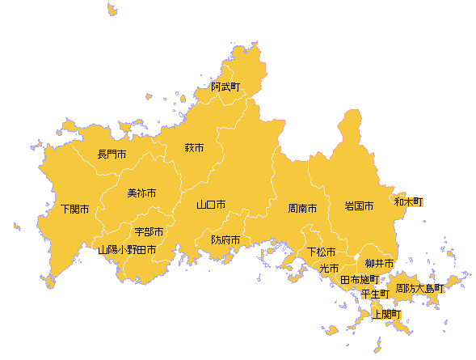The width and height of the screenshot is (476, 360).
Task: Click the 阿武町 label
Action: point(225,87)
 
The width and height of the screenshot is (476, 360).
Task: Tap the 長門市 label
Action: point(112,154)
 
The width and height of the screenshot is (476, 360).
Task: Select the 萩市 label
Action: point(194,148)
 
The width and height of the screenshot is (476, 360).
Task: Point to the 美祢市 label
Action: point(141,193)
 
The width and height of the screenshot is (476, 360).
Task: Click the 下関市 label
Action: point(75,210)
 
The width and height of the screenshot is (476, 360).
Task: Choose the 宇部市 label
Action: point(150,232)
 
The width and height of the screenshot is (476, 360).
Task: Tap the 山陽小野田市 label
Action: point(127,251)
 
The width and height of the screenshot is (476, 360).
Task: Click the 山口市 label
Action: point(211,205)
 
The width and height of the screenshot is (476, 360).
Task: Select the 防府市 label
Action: point(225,240)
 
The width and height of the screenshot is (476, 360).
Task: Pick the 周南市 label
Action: point(302,208)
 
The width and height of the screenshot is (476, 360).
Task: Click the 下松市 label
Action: point(321,252)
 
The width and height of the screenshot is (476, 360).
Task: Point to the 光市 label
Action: point(329,268)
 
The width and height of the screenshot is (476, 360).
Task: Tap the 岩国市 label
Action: point(359,206)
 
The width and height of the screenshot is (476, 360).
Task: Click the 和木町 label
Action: point(408,201)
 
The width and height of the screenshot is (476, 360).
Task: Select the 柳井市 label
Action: point(379,264)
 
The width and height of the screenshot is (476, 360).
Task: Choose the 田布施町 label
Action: point(359,280)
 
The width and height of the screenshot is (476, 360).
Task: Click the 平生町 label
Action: point(375,293)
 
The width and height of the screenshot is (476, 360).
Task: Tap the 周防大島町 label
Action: point(419,287)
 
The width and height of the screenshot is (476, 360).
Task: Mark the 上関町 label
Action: point(386,314)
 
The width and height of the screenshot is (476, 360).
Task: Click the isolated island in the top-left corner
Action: point(111,10)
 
